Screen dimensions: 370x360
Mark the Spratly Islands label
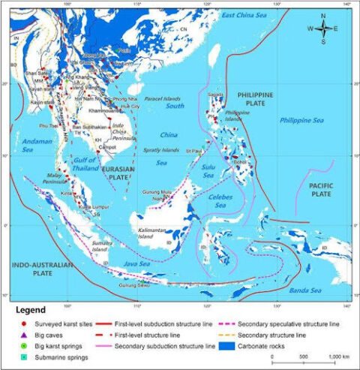tap(163, 149)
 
